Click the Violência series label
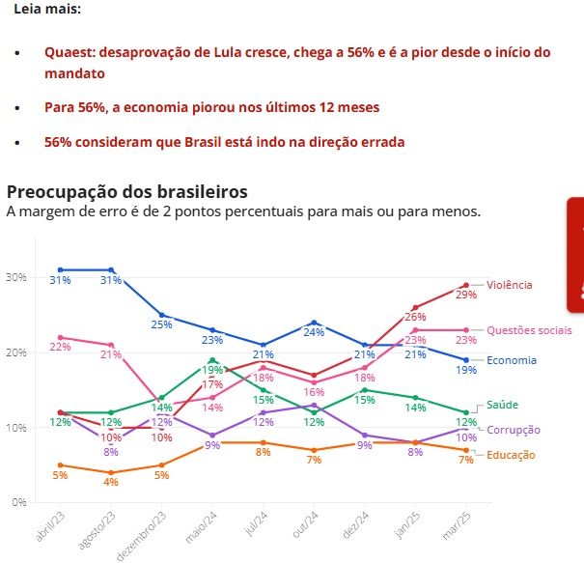coord(509,285)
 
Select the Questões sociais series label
coord(529,330)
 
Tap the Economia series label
coord(513,360)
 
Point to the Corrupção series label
coord(513,430)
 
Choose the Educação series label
coord(511,454)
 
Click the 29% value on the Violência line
coord(466,294)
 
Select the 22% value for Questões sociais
coord(60,347)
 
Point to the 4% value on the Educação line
coord(112,482)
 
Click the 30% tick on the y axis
coord(16,277)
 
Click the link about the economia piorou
coord(211,107)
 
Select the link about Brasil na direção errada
coord(224,142)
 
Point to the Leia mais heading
coord(47,9)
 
